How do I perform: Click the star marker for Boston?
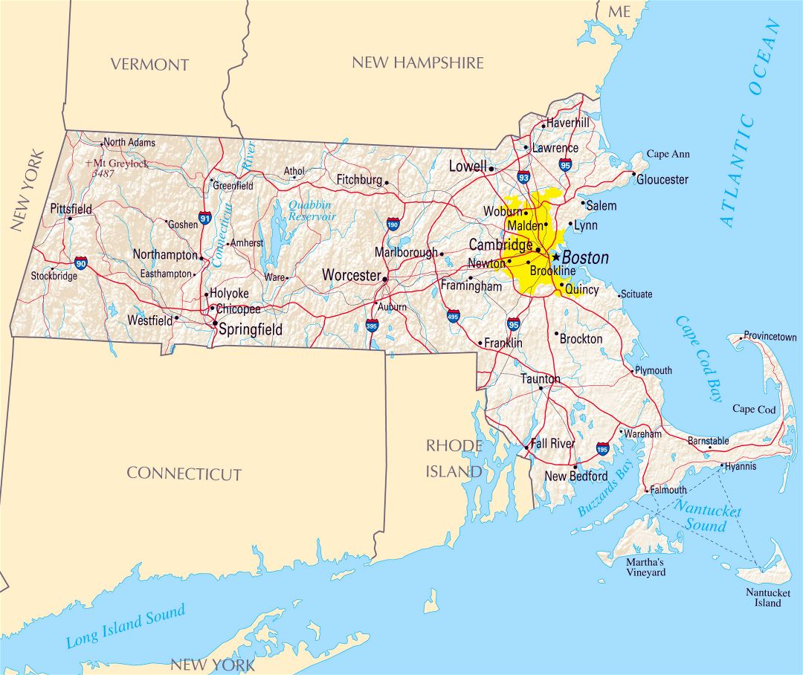[x=555, y=256]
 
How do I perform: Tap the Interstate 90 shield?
[x=81, y=263]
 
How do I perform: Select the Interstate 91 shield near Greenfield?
[x=204, y=219]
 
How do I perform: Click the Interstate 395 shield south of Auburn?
[x=372, y=325]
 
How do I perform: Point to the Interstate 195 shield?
[x=602, y=448]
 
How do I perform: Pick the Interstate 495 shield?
[x=454, y=316]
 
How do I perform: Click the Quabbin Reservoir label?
[x=312, y=210]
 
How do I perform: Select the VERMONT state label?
[x=149, y=65]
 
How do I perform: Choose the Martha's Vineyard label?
[x=645, y=567]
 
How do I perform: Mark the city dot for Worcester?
[x=384, y=280]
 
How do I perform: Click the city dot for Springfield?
[x=215, y=323]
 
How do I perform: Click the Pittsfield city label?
[x=71, y=209]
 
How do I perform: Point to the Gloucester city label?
[x=662, y=179]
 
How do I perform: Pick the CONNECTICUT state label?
[x=184, y=474]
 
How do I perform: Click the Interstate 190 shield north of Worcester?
[x=393, y=224]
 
